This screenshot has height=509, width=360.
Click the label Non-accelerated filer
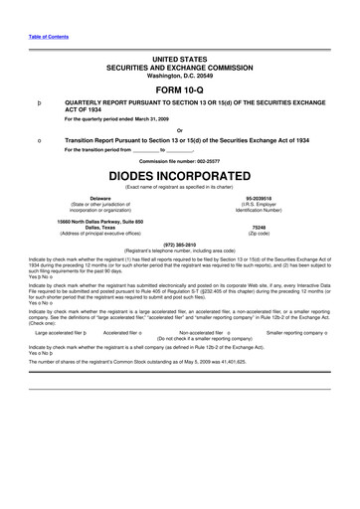click(203, 319)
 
